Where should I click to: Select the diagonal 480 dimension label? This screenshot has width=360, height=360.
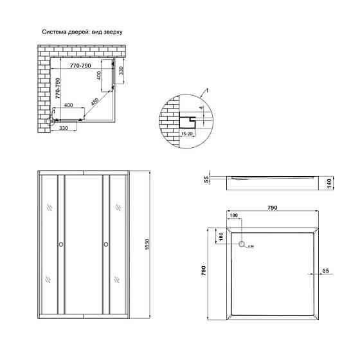[95, 101]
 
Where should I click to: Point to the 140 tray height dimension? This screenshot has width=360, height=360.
[328, 184]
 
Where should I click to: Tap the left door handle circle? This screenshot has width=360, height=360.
[61, 244]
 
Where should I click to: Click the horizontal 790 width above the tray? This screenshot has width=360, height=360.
[272, 208]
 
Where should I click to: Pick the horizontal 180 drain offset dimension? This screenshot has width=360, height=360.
[235, 215]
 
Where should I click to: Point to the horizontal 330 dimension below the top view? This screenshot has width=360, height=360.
[64, 129]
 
